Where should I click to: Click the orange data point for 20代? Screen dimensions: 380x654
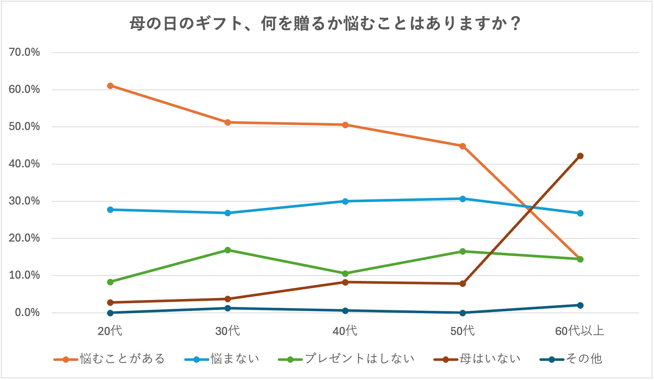pos(110,86)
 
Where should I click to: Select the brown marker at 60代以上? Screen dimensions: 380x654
pos(580,156)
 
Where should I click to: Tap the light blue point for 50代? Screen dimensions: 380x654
pos(462,199)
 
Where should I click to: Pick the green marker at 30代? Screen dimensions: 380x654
pos(228,250)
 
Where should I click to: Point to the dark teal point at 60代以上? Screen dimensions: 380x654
pos(580,305)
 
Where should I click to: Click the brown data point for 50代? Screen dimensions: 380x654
pos(462,284)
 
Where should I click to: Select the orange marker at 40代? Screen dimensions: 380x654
pos(345,125)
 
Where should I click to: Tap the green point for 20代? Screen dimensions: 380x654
pos(110,282)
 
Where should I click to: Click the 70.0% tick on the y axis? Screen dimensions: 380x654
pos(24,52)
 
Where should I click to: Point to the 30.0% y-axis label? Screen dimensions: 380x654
pos(24,201)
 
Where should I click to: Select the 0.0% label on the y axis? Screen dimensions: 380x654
pos(27,312)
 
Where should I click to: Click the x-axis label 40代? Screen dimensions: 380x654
pos(345,331)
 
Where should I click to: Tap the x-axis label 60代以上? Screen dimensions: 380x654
pos(580,331)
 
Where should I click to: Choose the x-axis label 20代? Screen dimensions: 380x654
pos(110,331)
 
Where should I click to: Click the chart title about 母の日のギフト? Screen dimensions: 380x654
pos(325,24)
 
